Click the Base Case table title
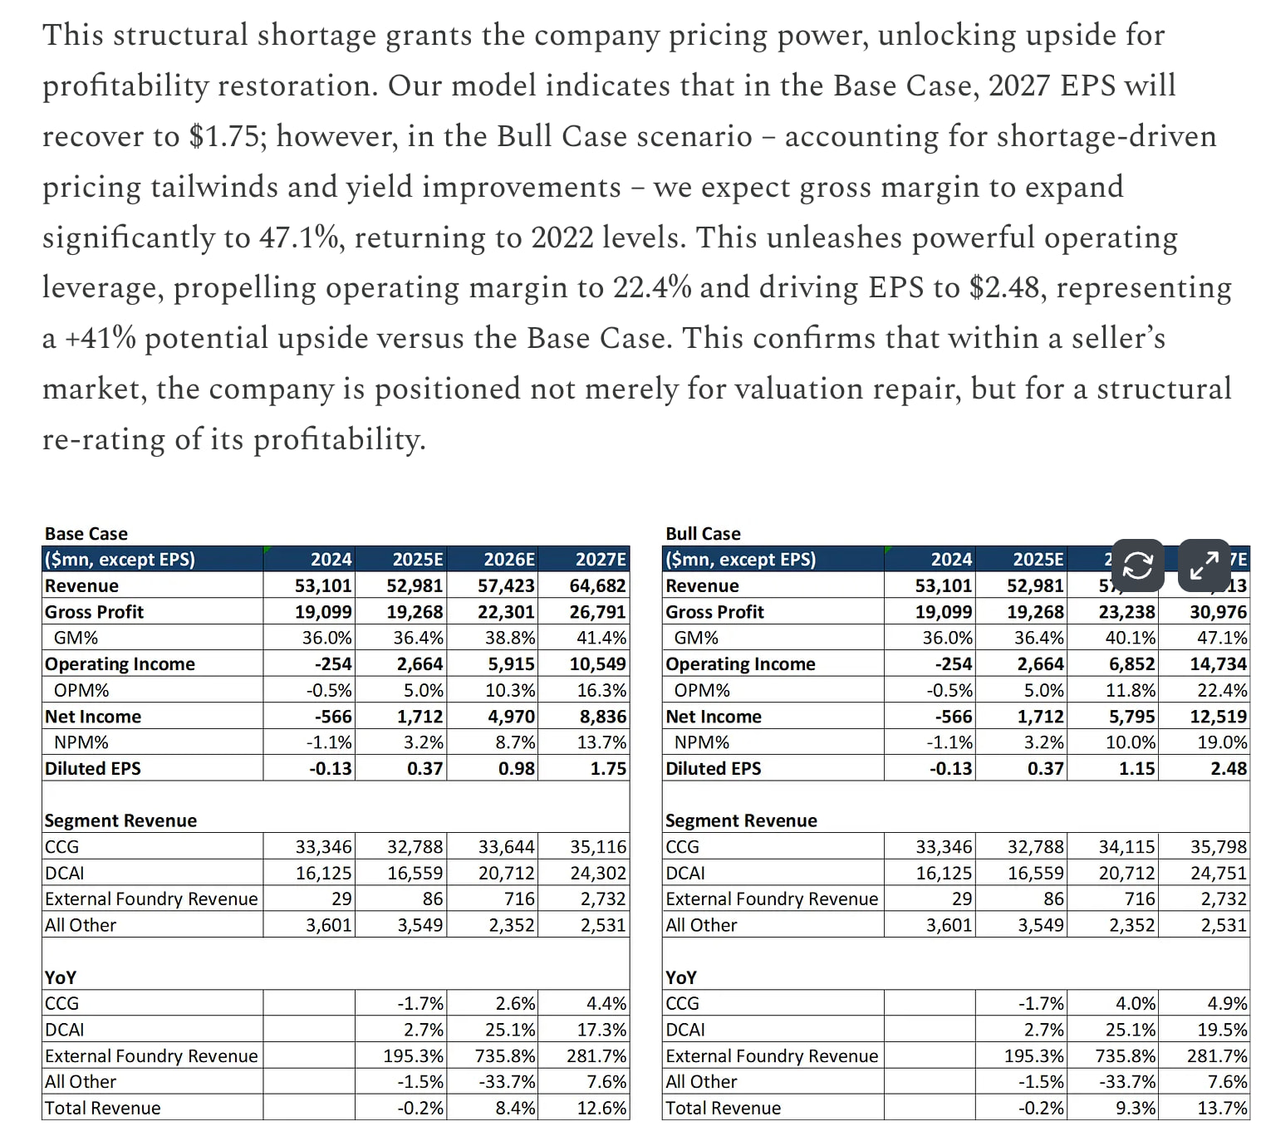tap(86, 533)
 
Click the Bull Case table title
tap(703, 533)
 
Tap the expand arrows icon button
tap(1204, 566)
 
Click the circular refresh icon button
tap(1137, 566)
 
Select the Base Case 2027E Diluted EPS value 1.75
tap(608, 769)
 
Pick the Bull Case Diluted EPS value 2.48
tap(1229, 769)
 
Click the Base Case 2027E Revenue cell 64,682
tap(597, 586)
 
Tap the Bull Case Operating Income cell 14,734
tap(1219, 664)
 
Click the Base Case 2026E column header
tap(509, 560)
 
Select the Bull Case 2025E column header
tap(1038, 560)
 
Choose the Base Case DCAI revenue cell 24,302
tap(597, 874)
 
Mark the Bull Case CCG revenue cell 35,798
tap(1219, 847)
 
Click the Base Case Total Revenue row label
tap(103, 1108)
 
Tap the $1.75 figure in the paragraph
tap(226, 136)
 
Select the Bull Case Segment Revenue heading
tap(741, 821)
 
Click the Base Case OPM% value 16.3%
tap(601, 691)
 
